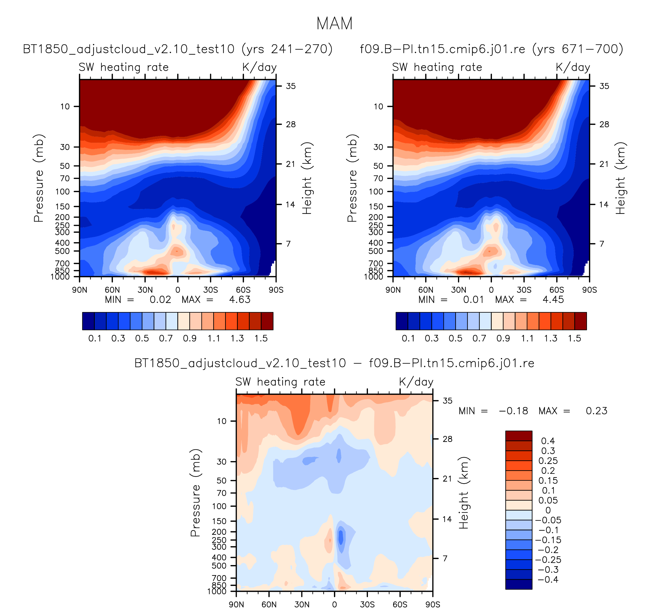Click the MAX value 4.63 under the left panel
pos(239,299)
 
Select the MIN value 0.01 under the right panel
pos(473,299)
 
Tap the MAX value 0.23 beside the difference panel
pos(596,411)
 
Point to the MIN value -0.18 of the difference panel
pos(513,411)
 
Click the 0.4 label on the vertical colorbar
pos(548,441)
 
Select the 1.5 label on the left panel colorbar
pos(261,338)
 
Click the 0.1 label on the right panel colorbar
pos(408,338)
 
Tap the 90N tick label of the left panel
pos(80,290)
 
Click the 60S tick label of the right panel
pos(557,290)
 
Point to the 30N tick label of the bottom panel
pos(302,604)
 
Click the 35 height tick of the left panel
pos(291,86)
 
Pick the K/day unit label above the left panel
pos(259,67)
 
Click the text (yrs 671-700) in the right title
pos(577,49)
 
